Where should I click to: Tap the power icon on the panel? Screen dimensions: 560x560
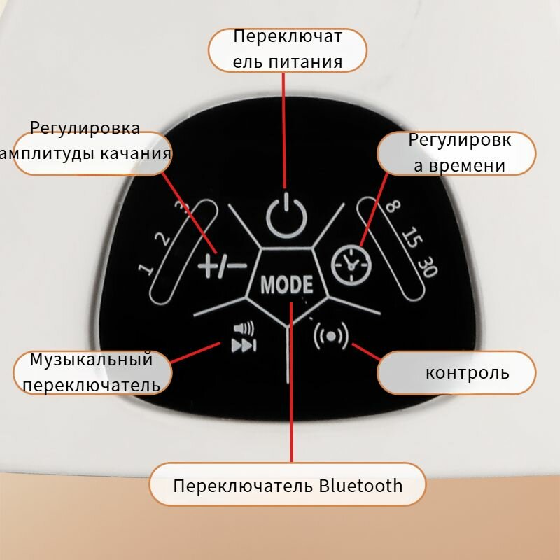pos(287,216)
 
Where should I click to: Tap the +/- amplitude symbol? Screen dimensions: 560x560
pos(221,265)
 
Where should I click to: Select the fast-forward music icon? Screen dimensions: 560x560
pos(244,345)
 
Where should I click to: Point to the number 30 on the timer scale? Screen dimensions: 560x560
pos(426,267)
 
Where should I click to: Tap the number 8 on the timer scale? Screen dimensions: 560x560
pos(393,207)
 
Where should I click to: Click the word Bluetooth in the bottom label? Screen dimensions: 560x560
pos(361,485)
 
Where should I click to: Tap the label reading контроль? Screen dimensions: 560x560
pos(468,372)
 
